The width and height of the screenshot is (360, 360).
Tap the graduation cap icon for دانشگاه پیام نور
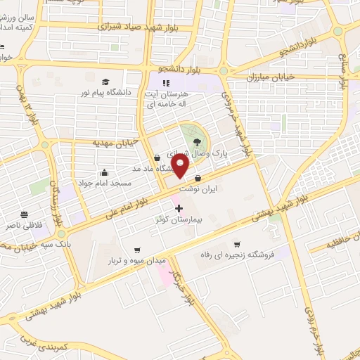point(105,82)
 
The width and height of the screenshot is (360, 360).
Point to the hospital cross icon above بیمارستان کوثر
point(179,208)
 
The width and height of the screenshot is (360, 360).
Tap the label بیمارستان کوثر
point(179,219)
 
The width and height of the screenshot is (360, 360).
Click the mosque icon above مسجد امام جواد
point(105,172)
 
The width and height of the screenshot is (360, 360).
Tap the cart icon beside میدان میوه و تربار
point(138,250)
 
